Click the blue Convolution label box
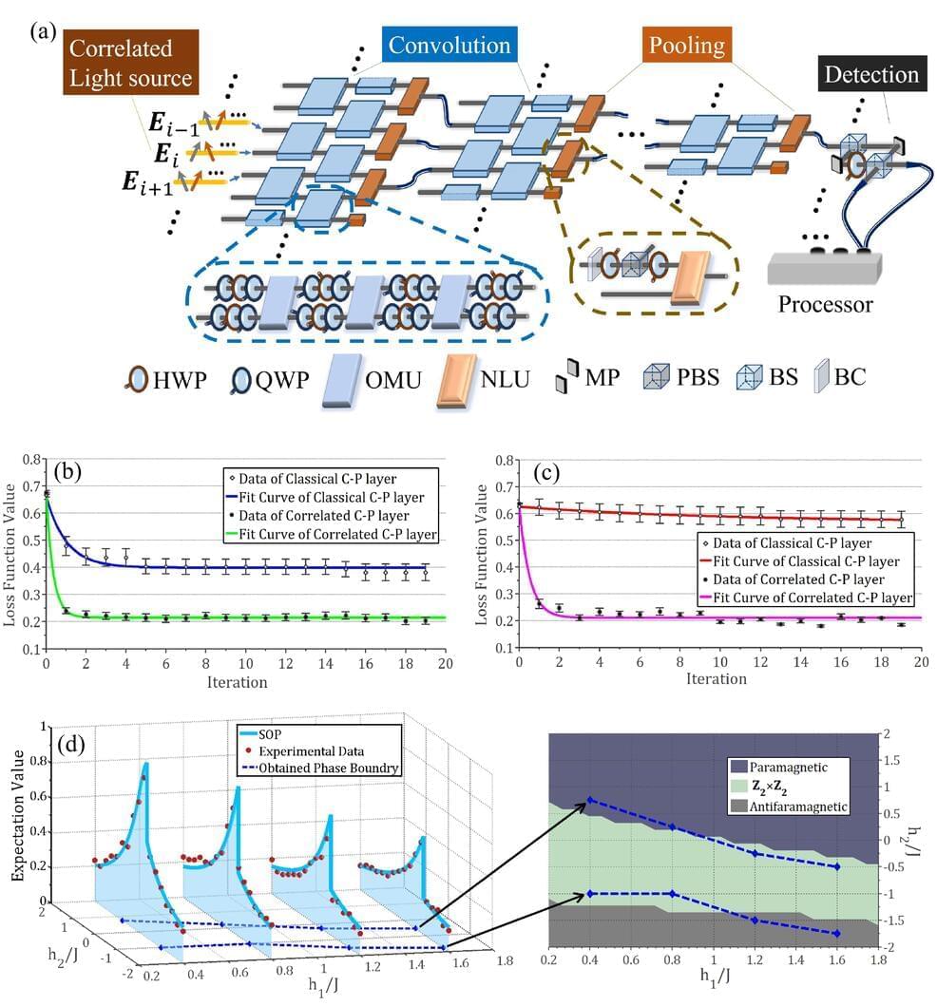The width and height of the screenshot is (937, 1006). (447, 46)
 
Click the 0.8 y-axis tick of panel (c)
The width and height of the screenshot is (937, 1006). (499, 462)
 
